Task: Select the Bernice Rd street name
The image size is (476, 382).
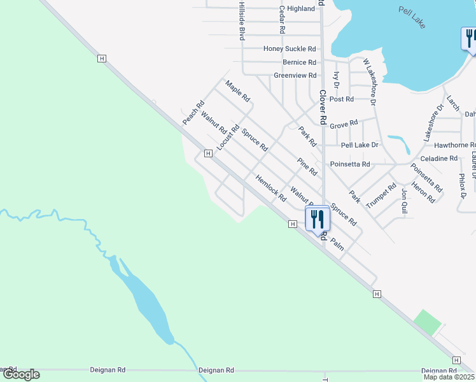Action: pos(299,62)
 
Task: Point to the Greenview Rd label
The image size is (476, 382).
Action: pos(295,75)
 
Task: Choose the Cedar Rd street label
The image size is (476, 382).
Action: pos(281,20)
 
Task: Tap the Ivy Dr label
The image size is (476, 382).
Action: pos(337,80)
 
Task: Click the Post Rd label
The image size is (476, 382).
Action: pos(341,99)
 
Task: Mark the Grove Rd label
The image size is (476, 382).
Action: pos(344,123)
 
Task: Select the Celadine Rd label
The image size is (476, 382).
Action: pos(440,159)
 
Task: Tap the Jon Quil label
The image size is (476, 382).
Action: pos(404,200)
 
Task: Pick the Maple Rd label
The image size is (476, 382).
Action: pos(238,92)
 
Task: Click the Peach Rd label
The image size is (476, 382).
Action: pos(193,113)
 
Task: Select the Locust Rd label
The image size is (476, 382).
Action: pos(227,138)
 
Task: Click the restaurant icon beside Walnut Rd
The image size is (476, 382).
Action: pos(317,218)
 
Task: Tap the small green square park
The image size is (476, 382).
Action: pos(426,323)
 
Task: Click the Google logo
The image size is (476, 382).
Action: pos(22,374)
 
